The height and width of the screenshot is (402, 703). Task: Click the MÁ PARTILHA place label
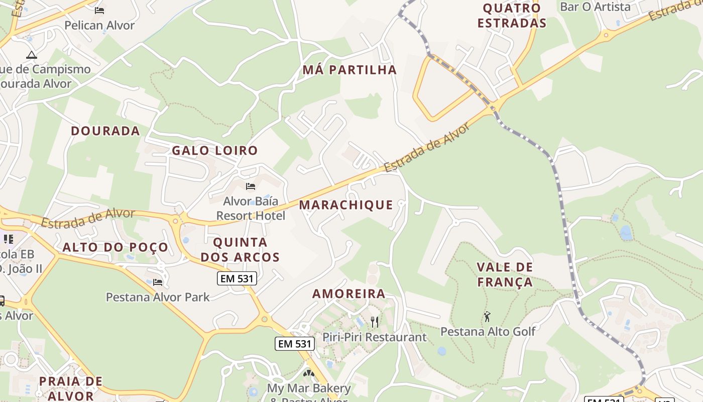tap(349, 70)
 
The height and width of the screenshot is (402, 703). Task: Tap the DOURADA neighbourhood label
tap(105, 131)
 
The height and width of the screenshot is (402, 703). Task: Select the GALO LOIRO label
tap(215, 150)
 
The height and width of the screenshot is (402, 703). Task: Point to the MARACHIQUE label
tap(346, 205)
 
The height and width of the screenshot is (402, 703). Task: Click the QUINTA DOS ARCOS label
tap(240, 250)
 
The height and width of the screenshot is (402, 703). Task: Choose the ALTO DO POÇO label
tap(115, 247)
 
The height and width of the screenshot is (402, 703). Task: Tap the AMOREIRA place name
tap(349, 294)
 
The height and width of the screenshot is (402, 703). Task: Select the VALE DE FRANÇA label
tap(505, 274)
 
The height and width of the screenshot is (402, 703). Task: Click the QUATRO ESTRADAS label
tap(512, 16)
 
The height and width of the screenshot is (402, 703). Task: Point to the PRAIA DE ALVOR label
tap(71, 388)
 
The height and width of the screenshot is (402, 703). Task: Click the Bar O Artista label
tap(595, 7)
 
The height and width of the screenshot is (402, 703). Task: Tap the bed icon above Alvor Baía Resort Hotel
tap(251, 186)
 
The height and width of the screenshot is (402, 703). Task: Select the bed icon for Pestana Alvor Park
tap(158, 282)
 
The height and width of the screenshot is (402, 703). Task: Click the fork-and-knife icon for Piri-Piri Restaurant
tap(375, 321)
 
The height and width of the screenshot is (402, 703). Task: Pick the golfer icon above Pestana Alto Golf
tap(487, 317)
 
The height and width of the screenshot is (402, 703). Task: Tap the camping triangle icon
tap(32, 55)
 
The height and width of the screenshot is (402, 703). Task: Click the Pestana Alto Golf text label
tap(488, 332)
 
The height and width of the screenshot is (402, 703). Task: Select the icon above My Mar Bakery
tap(308, 374)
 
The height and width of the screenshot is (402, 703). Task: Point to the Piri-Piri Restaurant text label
tap(375, 337)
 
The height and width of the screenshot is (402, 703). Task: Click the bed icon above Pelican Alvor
tap(99, 10)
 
